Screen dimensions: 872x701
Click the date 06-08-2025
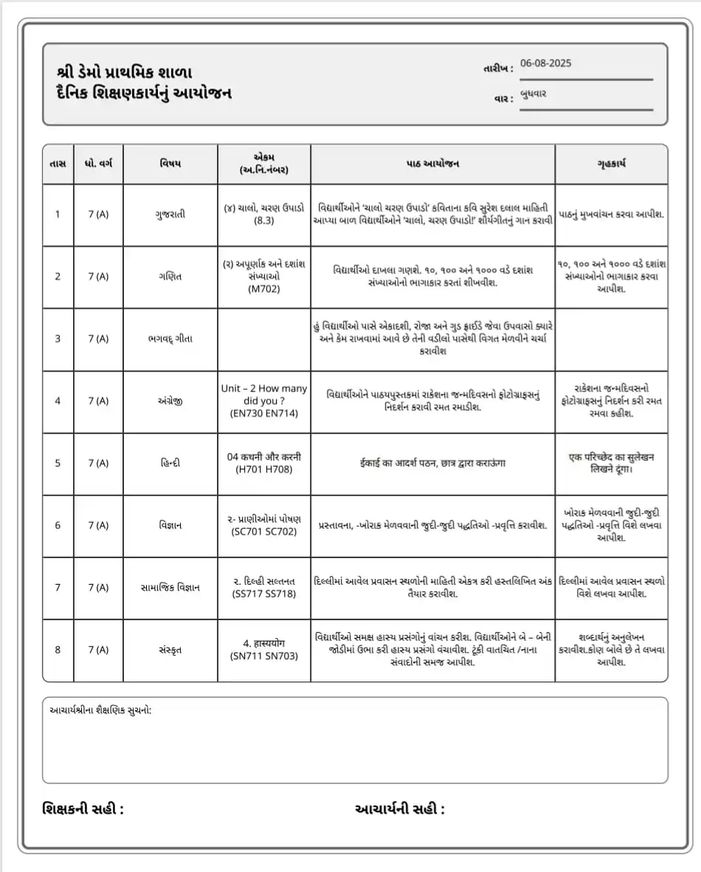[546, 63]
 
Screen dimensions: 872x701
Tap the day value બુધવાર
[533, 94]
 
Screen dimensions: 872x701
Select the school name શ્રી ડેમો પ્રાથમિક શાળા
[124, 72]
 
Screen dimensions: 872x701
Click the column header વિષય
[170, 163]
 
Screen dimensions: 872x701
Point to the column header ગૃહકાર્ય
[612, 163]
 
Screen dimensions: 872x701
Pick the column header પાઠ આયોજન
[432, 163]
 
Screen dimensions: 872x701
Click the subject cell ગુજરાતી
[170, 214]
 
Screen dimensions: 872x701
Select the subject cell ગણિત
[170, 276]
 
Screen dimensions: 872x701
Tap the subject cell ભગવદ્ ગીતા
[170, 339]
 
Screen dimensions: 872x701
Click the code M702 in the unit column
[264, 289]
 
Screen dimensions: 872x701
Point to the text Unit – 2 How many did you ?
[264, 394]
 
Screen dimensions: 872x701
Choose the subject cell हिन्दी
[170, 463]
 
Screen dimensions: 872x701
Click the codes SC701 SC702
[264, 532]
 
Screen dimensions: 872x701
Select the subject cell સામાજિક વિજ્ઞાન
[170, 588]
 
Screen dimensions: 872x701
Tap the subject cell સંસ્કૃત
[170, 650]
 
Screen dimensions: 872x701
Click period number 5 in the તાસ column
[58, 463]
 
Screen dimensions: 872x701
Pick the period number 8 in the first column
[58, 650]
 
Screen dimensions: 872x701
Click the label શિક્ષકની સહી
[83, 809]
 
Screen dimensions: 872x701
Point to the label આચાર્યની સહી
[400, 809]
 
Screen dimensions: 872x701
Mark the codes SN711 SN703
[264, 656]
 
